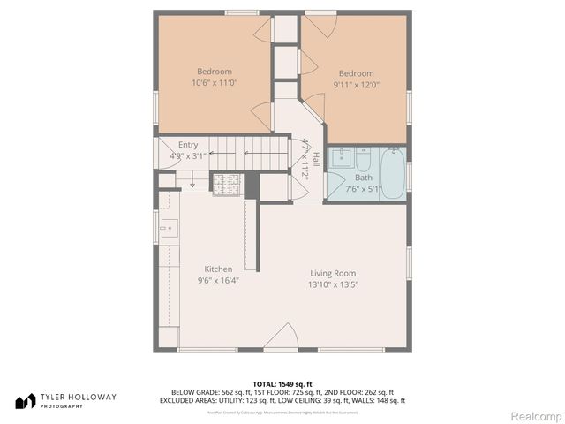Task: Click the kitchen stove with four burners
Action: click(x=226, y=185)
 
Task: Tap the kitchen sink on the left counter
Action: click(x=167, y=228)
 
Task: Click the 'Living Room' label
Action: click(x=332, y=273)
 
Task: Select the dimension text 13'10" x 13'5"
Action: click(x=332, y=284)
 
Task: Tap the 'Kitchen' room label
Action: click(x=218, y=269)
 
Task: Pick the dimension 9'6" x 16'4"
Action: click(x=218, y=281)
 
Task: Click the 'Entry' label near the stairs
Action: click(x=188, y=145)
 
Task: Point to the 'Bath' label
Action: click(x=364, y=178)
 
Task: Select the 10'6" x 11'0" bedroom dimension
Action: click(x=215, y=83)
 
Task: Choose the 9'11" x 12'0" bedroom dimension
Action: click(x=356, y=85)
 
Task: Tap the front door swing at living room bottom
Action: click(x=282, y=339)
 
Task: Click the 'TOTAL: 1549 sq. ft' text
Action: click(x=282, y=383)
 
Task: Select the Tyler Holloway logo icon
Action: click(x=24, y=401)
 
